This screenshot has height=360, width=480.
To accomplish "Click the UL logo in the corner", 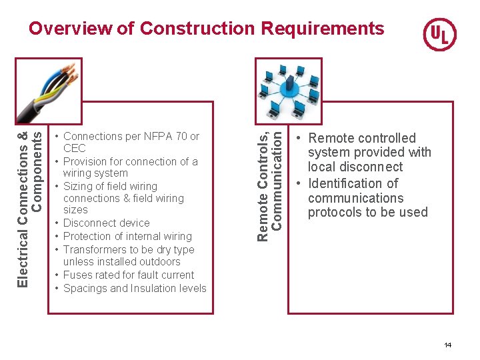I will [440, 34].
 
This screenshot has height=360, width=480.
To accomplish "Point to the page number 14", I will [447, 345].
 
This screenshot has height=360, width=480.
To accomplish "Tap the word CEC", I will [75, 149].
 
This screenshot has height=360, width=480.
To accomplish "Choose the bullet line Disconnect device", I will [106, 223].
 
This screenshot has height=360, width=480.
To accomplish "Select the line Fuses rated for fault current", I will [128, 275].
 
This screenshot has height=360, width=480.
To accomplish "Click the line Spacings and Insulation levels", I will [135, 289].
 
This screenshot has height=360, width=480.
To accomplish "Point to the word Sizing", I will [78, 187].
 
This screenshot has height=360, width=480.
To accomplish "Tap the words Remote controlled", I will [361, 139].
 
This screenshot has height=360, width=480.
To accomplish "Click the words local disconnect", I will [355, 167].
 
